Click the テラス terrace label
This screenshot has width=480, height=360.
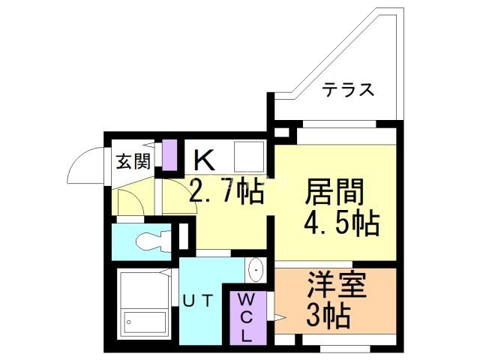[x=348, y=89]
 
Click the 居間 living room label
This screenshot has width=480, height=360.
[x=334, y=192]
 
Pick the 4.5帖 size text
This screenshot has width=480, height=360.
[x=340, y=223]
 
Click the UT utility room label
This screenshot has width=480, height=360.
[x=199, y=301]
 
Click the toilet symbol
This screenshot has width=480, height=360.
[x=151, y=241]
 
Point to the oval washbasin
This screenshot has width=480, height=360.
[x=256, y=268]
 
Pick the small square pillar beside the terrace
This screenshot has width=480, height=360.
[x=281, y=133]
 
